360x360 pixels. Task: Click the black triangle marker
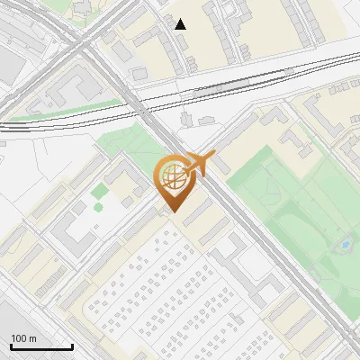click(x=181, y=24)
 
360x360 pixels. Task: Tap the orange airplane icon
click(x=201, y=164)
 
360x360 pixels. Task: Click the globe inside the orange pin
click(x=171, y=175)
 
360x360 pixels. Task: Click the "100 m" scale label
click(x=23, y=338)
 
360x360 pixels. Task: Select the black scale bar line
click(x=41, y=347)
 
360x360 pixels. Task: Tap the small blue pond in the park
click(x=344, y=243)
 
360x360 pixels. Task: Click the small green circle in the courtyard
click(x=98, y=207)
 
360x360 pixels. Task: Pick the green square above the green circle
click(x=98, y=191)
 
